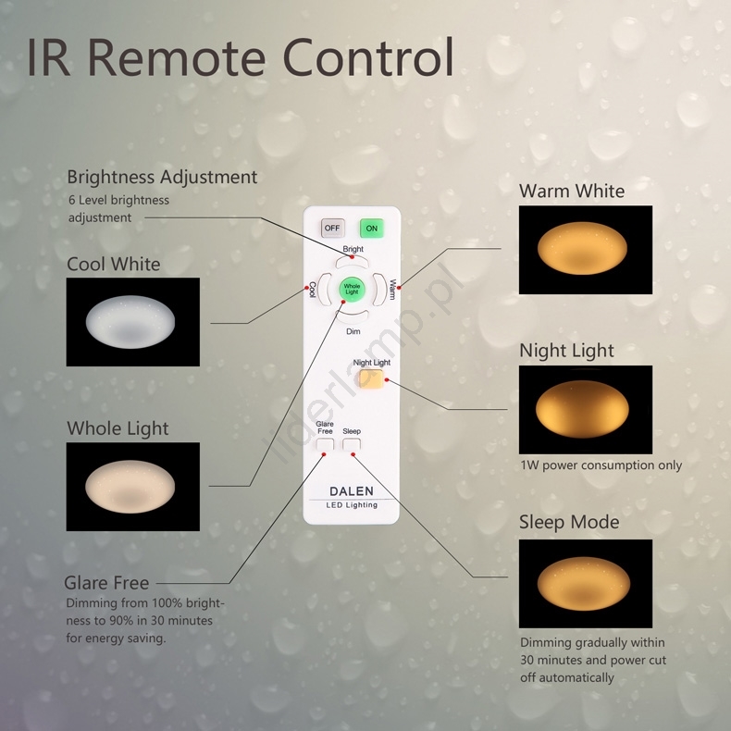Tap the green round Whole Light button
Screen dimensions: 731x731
(352, 290)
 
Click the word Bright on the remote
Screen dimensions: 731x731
(353, 249)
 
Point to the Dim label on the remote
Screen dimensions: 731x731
(353, 330)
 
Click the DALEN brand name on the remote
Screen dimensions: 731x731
(352, 491)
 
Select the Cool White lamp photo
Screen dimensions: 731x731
(132, 321)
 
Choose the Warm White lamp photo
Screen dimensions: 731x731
(585, 250)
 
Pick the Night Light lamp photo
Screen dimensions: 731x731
(585, 409)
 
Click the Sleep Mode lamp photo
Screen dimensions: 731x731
(585, 583)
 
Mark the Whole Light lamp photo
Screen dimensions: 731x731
(132, 486)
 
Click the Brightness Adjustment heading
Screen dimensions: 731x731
(162, 177)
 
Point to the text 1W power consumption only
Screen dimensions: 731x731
(601, 465)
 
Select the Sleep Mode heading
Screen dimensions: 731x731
(568, 522)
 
